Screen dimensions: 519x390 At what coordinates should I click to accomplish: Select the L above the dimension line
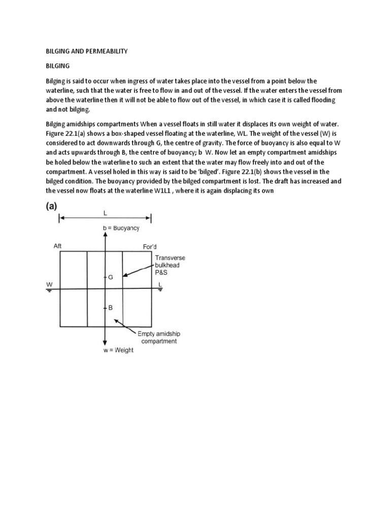105,214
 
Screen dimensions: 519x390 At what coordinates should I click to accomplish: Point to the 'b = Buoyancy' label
121,228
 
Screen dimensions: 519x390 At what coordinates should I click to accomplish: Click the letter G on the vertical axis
111,278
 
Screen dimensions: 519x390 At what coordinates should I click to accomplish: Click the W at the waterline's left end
50,285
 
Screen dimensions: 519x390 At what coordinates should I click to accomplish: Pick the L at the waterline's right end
160,285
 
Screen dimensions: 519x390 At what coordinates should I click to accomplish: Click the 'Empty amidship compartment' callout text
157,337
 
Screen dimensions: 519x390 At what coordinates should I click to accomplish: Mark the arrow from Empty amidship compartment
126,326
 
